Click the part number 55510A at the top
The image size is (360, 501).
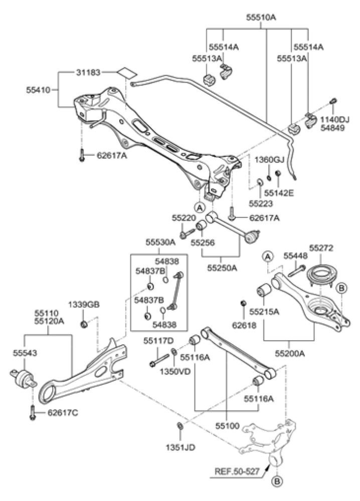point(261,17)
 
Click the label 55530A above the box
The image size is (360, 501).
point(160,241)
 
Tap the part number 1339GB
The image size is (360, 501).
point(84,305)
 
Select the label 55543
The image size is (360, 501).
point(24,353)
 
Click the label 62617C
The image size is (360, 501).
point(63,413)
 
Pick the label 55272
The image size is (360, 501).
point(321,248)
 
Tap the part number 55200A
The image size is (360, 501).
point(290,353)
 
